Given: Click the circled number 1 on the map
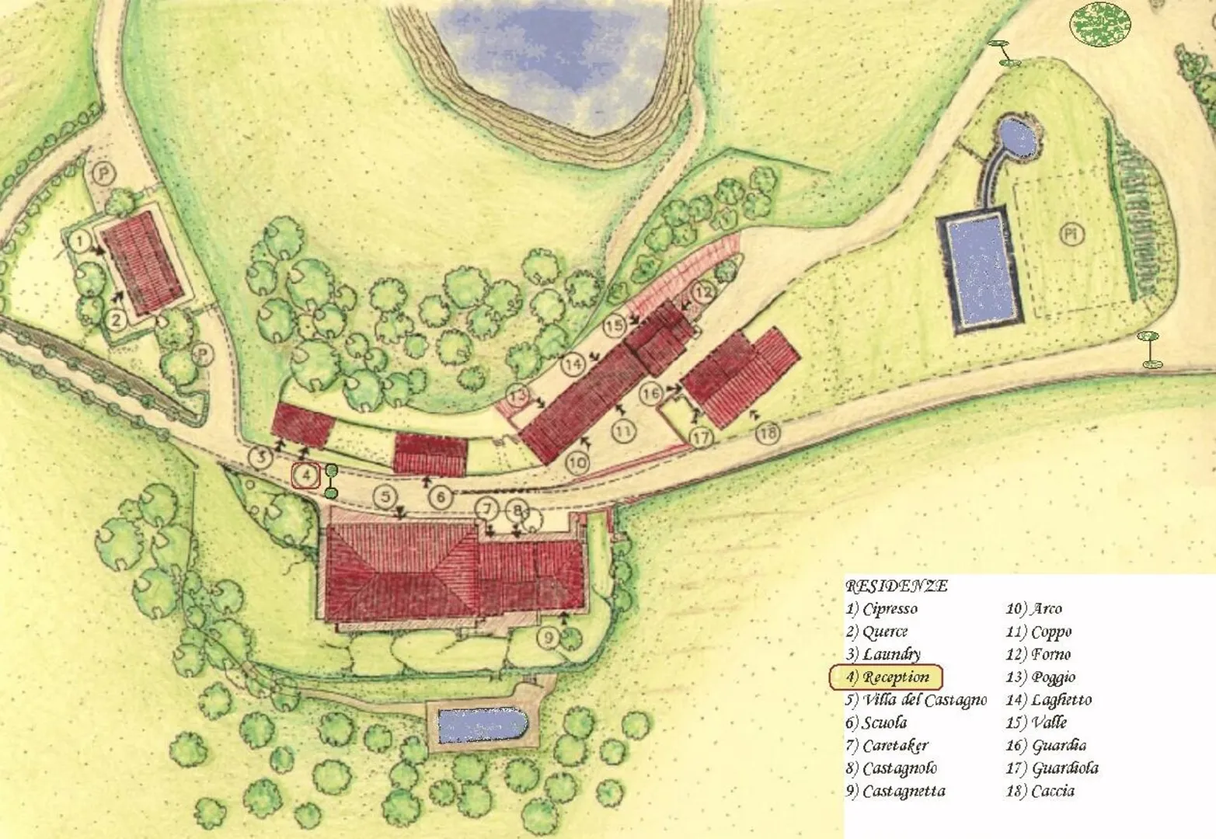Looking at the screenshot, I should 80,241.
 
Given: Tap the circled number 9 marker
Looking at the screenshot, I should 549,638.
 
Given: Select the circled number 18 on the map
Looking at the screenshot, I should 768,432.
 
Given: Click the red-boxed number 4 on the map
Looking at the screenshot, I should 306,474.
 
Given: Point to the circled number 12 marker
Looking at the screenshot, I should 702,292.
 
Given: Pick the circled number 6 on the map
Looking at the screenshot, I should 440,496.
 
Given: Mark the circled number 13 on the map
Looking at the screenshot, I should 518,394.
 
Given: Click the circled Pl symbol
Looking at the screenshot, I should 1072,235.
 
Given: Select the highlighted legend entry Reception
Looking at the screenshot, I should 886,677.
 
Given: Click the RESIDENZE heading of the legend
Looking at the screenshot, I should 896,586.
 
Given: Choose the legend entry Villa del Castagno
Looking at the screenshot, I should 916,700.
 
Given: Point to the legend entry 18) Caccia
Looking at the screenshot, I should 1040,791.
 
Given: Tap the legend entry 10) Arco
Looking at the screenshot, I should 1033,609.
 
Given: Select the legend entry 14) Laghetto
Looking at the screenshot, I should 1048,700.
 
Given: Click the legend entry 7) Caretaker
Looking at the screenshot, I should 887,746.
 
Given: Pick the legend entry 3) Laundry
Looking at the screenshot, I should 883,654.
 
